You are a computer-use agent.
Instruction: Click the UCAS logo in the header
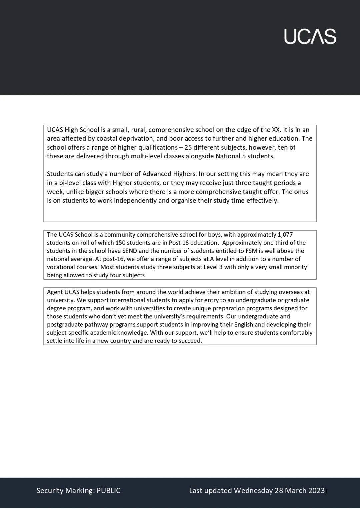point(310,36)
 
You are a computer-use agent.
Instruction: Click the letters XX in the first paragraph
point(276,130)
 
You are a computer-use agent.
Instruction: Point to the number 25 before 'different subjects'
point(192,147)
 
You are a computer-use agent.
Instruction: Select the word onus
point(301,192)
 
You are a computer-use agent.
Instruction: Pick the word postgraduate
point(63,324)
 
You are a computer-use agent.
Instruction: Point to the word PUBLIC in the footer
point(108,490)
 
